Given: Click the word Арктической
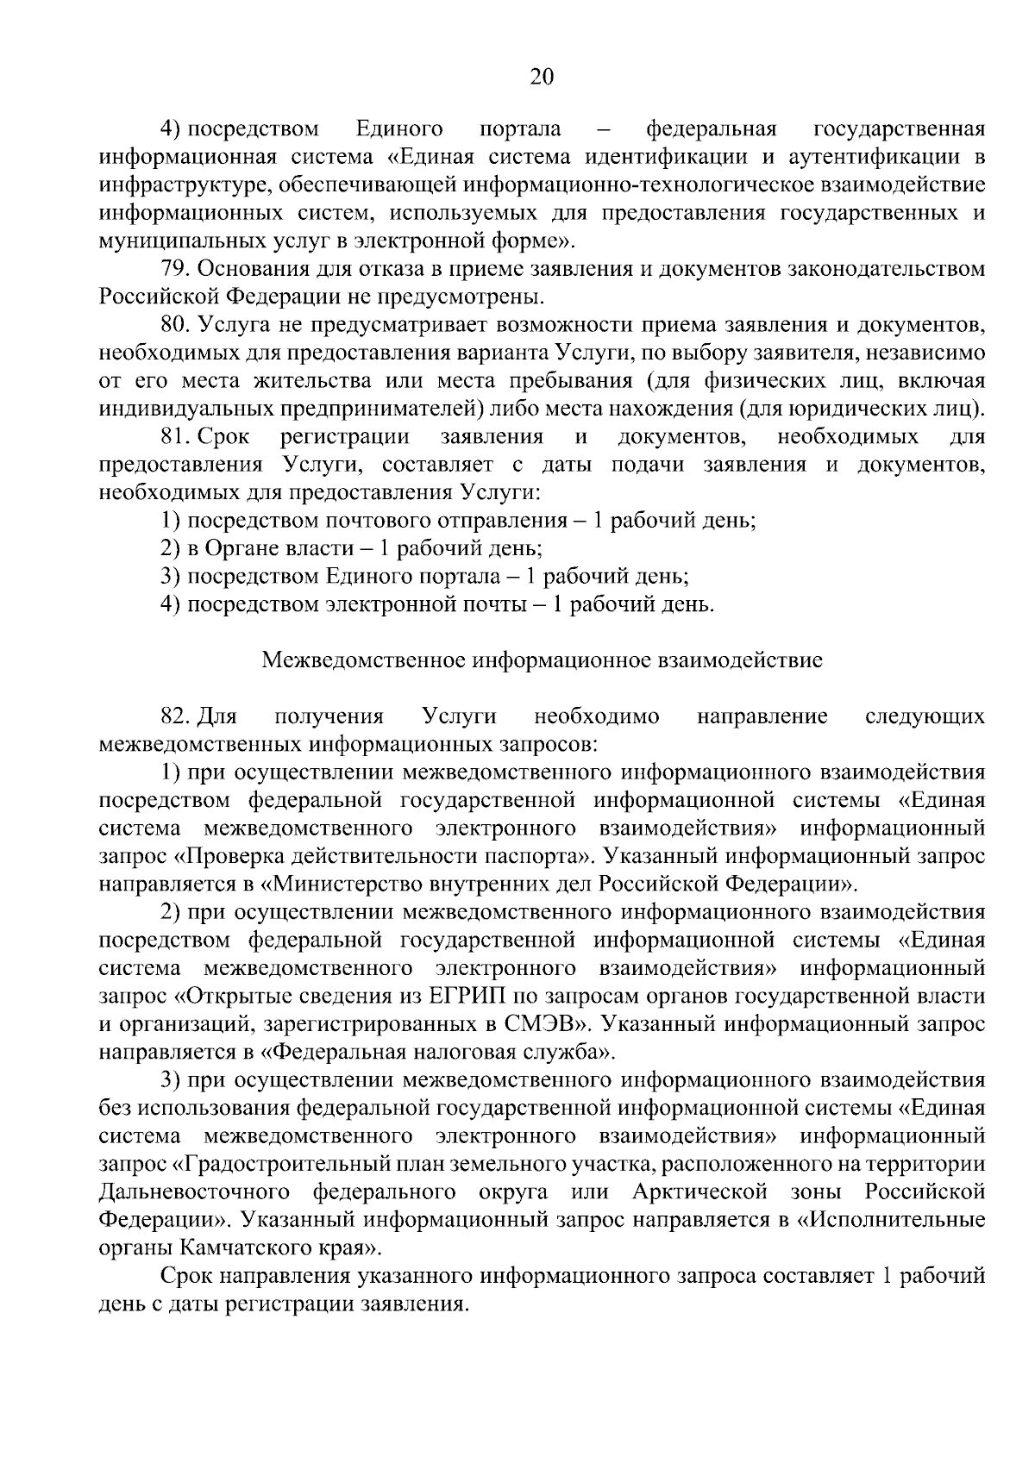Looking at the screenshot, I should pos(699,1192).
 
